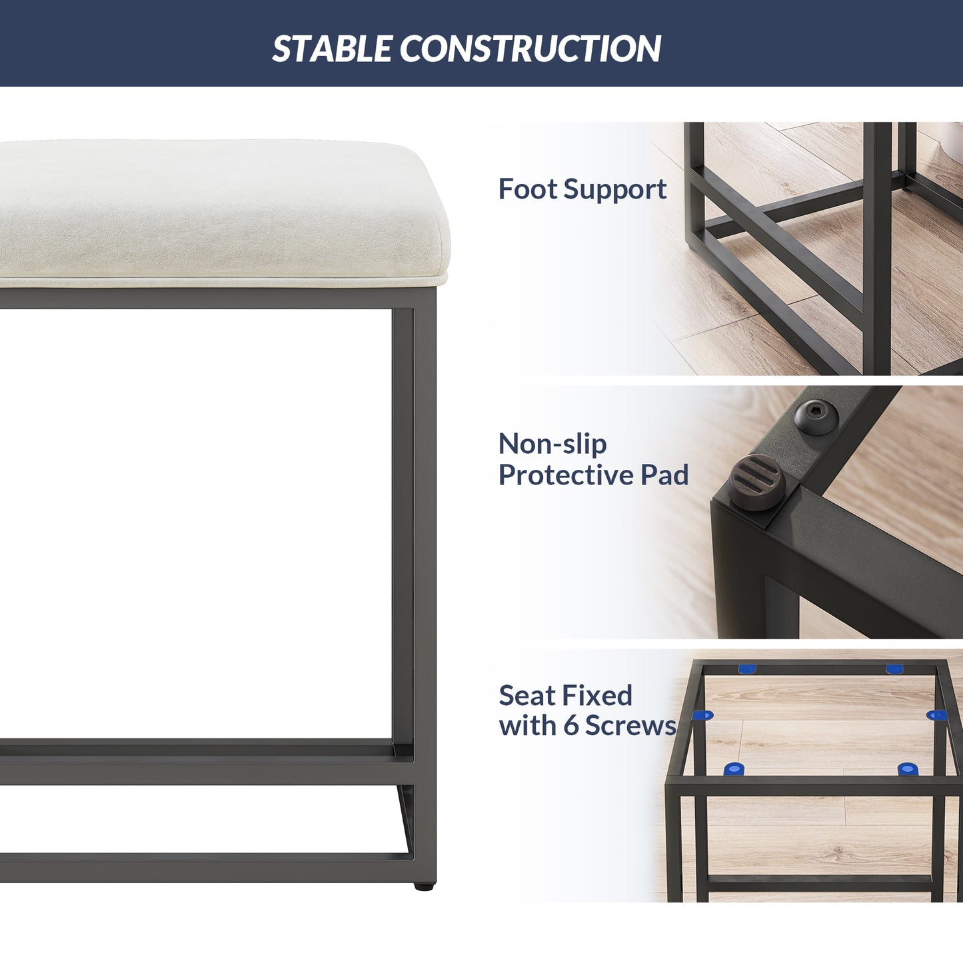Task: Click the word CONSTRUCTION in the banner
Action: (x=530, y=49)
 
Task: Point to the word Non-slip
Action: (x=552, y=444)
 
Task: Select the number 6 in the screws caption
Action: (x=571, y=726)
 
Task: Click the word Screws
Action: (x=631, y=726)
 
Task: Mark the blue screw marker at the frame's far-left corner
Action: (x=748, y=669)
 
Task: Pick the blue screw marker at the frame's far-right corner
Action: (x=894, y=669)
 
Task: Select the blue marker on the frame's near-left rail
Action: (x=734, y=769)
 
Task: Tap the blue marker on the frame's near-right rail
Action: (x=906, y=769)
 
